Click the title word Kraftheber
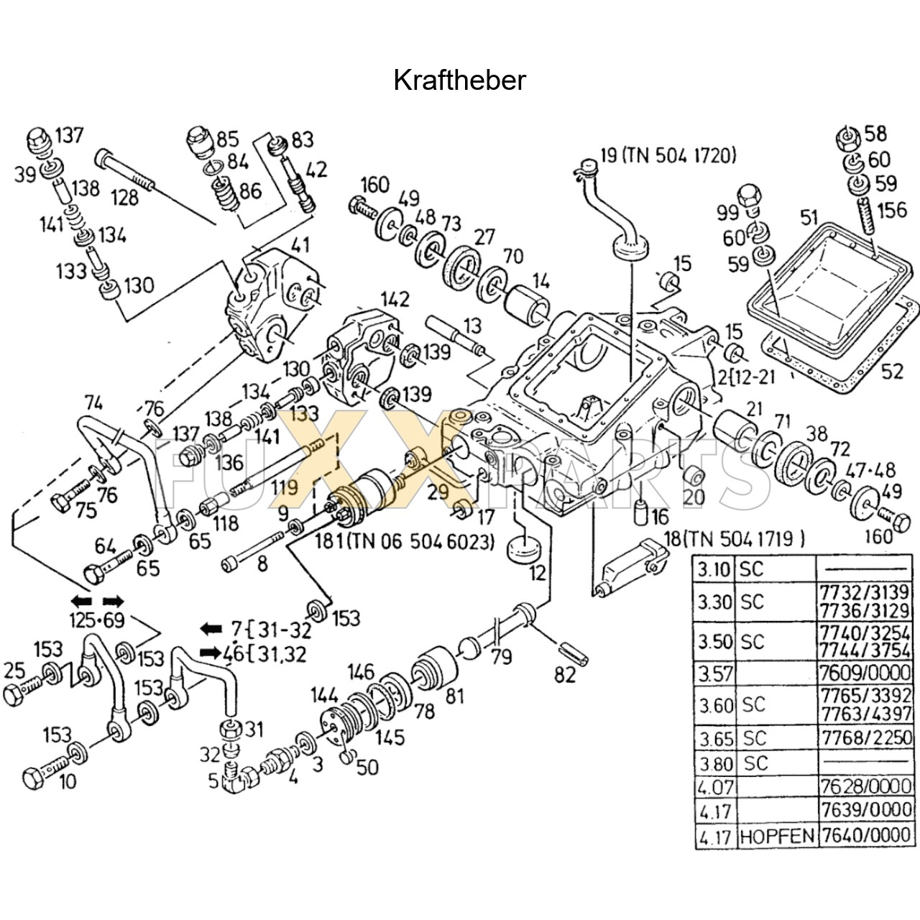459,80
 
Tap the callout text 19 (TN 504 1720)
668,155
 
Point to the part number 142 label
395,300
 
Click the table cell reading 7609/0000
865,673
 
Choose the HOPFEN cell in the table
777,836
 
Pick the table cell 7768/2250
865,737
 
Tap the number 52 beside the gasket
891,371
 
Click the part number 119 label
285,489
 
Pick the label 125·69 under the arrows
97,620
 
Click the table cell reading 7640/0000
865,836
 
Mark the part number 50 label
367,767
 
